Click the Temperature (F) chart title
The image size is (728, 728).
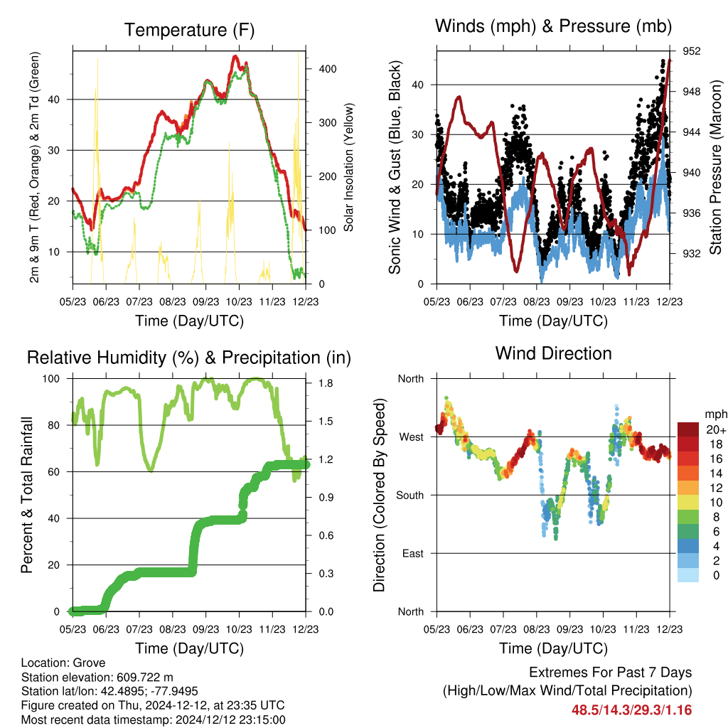[189, 30]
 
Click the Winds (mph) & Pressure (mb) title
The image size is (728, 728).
[553, 26]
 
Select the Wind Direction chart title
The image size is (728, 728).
[553, 353]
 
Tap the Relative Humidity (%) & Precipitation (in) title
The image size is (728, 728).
[189, 358]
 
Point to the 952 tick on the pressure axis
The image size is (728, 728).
[691, 51]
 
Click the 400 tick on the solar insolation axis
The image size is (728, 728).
[328, 69]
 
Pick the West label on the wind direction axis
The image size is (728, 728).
[412, 437]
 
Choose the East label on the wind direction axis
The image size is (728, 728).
[413, 553]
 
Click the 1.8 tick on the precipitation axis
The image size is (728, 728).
[326, 383]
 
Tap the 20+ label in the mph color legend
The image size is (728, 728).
[716, 430]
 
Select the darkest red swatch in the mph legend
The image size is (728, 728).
[688, 429]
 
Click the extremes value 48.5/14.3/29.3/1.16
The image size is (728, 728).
[631, 710]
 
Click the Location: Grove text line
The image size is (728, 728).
[63, 663]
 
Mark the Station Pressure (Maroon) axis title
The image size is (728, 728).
[715, 167]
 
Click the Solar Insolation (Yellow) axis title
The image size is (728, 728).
[348, 167]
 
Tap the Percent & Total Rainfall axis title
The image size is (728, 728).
[26, 495]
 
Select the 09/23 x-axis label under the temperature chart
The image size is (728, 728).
[205, 301]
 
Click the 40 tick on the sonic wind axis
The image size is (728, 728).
[417, 85]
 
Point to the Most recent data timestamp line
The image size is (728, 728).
[154, 720]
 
